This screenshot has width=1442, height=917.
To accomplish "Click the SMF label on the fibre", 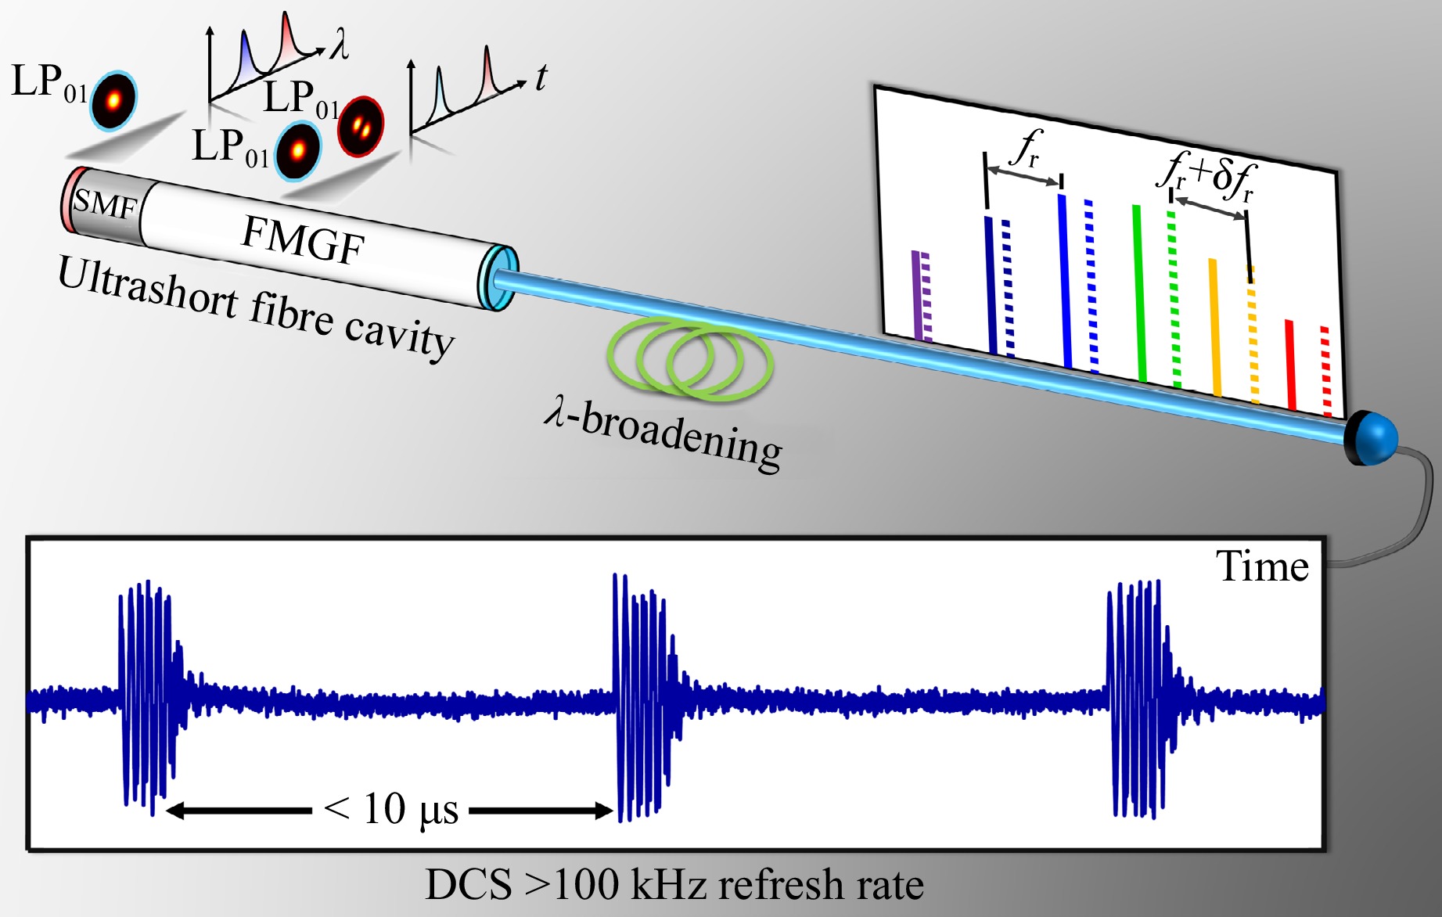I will pyautogui.click(x=105, y=205).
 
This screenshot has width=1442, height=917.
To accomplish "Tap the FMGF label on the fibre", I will pyautogui.click(x=303, y=239).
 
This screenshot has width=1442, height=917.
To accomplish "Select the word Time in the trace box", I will pyautogui.click(x=1261, y=566).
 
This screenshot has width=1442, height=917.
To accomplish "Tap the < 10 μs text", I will pyautogui.click(x=391, y=810).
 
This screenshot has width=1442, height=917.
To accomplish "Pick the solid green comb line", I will pyautogui.click(x=1140, y=293).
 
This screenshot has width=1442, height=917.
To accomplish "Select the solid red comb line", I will pyautogui.click(x=1290, y=365).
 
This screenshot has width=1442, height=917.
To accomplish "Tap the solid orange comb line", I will pyautogui.click(x=1215, y=326).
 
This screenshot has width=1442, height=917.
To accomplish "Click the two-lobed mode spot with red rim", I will pyautogui.click(x=361, y=125).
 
